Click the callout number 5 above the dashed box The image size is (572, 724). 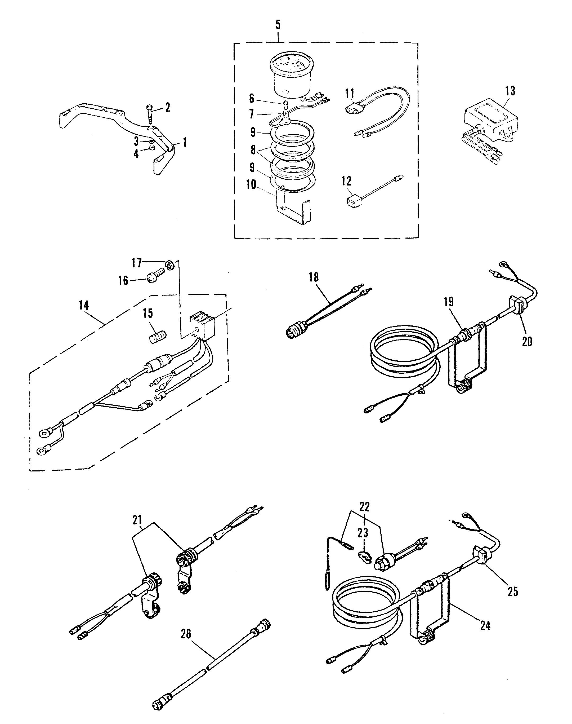(x=278, y=25)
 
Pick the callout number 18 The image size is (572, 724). (x=314, y=277)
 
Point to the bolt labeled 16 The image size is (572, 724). (x=155, y=277)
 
